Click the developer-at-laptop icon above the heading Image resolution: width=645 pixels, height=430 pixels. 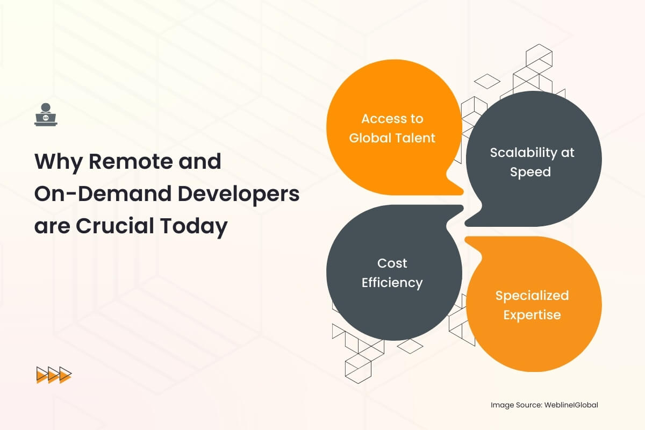point(46,114)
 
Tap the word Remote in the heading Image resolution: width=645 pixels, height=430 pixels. point(131,161)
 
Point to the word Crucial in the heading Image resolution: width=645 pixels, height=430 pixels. point(115,226)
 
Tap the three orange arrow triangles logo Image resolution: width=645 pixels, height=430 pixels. point(54,375)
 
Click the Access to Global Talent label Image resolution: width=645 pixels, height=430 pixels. point(392,128)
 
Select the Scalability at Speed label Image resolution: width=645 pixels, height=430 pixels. point(532,162)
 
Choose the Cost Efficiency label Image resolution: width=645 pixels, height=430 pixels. point(392,273)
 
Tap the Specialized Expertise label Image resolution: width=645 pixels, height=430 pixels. point(532,305)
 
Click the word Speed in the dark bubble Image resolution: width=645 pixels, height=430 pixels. point(531,172)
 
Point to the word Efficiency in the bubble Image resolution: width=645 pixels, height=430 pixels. point(392,283)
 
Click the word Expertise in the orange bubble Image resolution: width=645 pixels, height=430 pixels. point(532,315)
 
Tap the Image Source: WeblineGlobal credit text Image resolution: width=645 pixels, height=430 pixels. point(544,405)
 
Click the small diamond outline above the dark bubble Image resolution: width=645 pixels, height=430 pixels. point(487,81)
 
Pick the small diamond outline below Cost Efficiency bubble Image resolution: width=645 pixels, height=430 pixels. point(410,346)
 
